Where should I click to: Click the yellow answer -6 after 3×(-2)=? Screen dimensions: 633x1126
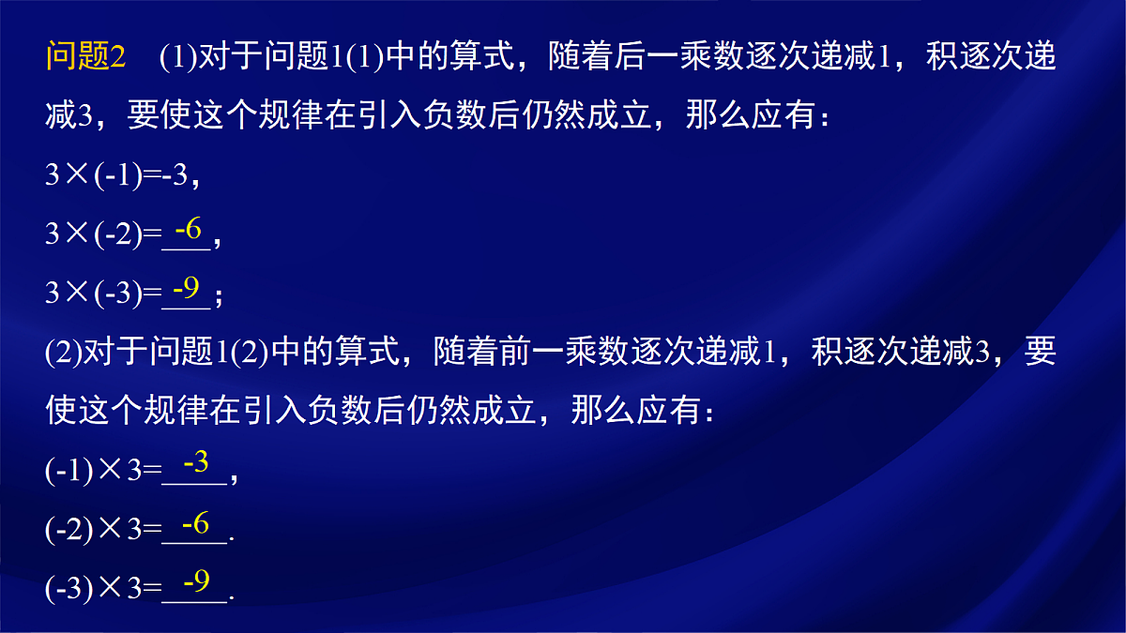tap(188, 228)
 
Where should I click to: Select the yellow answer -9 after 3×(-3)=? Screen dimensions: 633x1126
tap(187, 289)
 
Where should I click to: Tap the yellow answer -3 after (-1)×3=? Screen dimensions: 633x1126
tap(195, 462)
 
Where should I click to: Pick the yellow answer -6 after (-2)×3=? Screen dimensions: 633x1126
tap(195, 524)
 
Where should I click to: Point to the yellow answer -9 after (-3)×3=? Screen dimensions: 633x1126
tap(195, 583)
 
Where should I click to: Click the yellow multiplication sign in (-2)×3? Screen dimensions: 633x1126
tap(112, 529)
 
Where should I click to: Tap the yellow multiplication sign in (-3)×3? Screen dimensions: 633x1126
tap(112, 589)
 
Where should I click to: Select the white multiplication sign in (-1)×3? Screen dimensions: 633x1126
tap(112, 470)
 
